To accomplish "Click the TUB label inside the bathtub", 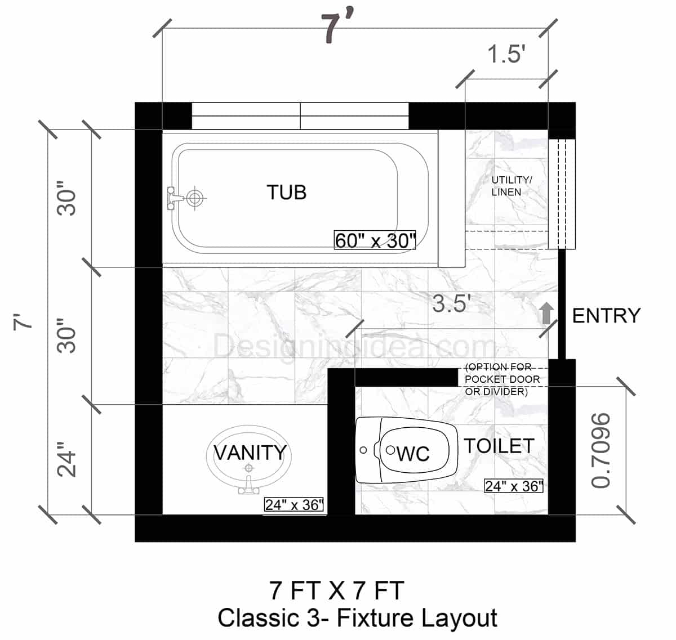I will (286, 193).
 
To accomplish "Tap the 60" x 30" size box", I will (375, 240).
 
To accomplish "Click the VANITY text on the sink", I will (250, 453).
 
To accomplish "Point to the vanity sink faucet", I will (248, 485).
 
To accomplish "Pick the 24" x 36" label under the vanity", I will (294, 505).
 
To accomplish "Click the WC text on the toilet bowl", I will (413, 454).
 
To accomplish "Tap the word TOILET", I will (499, 446).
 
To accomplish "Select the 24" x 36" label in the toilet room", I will (513, 486).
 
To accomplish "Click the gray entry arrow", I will (545, 313).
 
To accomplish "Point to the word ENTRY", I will (606, 316).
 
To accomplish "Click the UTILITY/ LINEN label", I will (511, 186).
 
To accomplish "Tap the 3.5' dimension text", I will (451, 304).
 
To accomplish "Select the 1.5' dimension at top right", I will (506, 55).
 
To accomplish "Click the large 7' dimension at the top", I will (337, 29).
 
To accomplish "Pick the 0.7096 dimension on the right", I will (601, 450).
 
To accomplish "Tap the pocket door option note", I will (502, 379).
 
